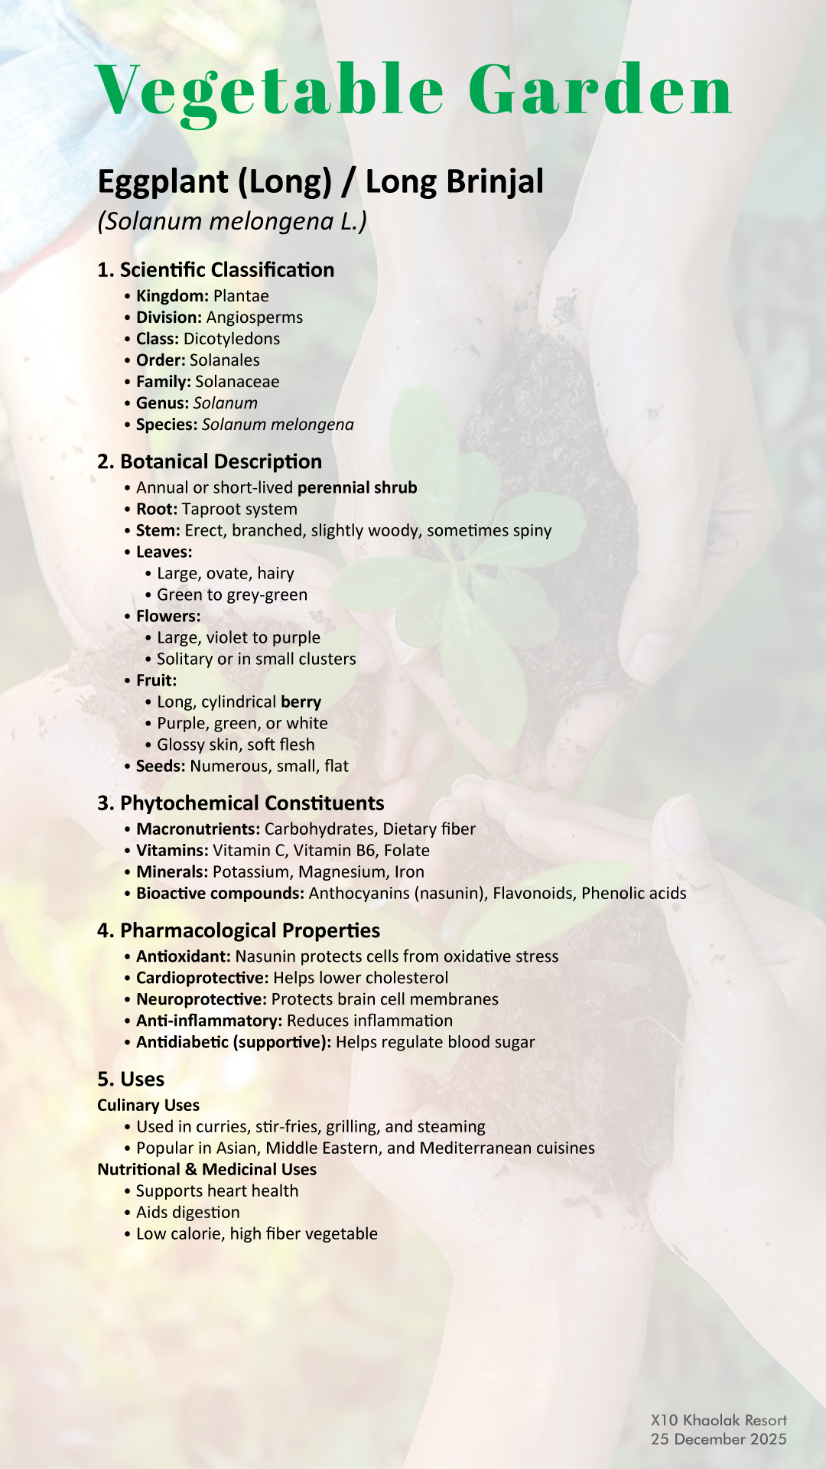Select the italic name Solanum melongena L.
pos(233,221)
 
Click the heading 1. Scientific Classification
pos(216,270)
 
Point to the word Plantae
pos(241,296)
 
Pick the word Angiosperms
pos(255,318)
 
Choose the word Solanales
pos(225,360)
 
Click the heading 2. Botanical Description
pos(210,462)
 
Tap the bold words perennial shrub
pos(357,488)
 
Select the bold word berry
pos(301,702)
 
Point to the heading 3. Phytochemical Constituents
pos(241,803)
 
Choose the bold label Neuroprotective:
pos(201,1000)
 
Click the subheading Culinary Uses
pos(148,1106)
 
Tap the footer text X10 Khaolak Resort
pos(719,1421)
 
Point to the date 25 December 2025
pos(719,1439)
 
